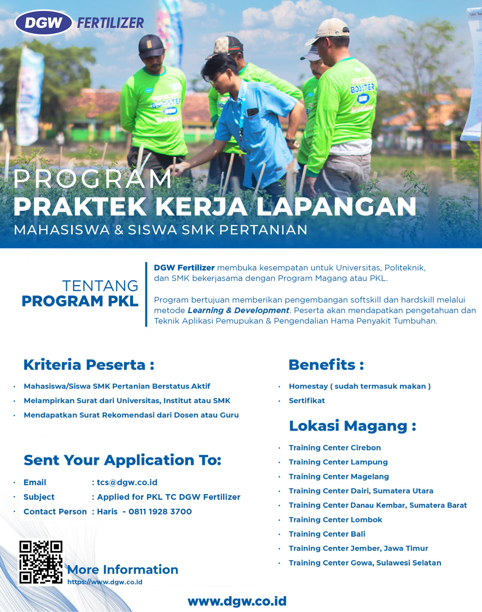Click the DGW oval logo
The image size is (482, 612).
pos(43,23)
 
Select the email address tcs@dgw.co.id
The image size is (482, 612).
pos(127,483)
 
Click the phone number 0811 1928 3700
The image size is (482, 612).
pos(160,512)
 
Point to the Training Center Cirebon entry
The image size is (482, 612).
pos(335,448)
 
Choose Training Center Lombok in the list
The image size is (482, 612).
pos(335,520)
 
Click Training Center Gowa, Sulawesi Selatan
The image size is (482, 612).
pos(365,563)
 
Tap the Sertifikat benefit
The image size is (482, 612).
pos(307,401)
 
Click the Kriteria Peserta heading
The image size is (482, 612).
pos(88,365)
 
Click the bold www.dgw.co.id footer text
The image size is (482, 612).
pos(237,601)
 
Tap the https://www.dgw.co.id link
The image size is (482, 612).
pos(105,582)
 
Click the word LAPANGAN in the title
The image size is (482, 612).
pos(336,207)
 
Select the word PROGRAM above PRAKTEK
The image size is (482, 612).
pos(92,179)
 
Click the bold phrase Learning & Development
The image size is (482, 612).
pos(238,310)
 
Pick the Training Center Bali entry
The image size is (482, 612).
pos(327,534)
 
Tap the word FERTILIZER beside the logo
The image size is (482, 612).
pos(110,23)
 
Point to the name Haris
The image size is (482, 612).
pos(107,512)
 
